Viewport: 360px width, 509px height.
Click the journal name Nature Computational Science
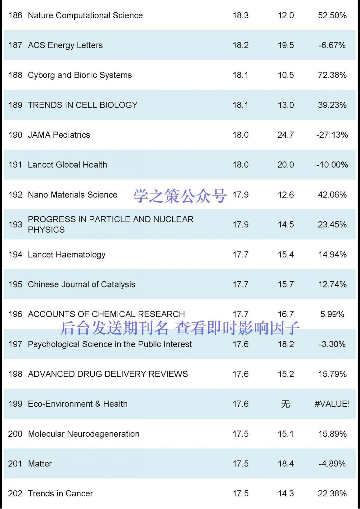(x=85, y=15)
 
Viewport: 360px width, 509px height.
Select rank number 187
(x=15, y=45)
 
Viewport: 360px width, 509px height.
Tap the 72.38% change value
(x=332, y=75)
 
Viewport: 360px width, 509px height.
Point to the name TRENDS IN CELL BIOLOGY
(x=82, y=105)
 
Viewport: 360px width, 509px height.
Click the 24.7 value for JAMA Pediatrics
(x=286, y=135)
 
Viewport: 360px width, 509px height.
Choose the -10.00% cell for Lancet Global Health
(x=332, y=165)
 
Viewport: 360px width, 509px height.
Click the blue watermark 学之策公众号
(x=180, y=196)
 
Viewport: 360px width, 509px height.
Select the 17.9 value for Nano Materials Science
(x=241, y=195)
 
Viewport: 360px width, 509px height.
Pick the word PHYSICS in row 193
(x=46, y=230)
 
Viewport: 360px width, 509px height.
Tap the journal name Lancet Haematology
(x=67, y=255)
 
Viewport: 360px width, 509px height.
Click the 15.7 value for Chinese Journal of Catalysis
(x=286, y=284)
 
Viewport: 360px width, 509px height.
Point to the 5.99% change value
(x=332, y=314)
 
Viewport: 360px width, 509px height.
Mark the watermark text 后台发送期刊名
(x=114, y=328)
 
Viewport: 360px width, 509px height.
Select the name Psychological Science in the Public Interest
(x=110, y=344)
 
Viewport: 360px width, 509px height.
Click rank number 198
(x=15, y=374)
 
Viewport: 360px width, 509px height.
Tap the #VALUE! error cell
(x=332, y=404)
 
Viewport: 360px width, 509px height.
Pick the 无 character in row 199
(x=286, y=404)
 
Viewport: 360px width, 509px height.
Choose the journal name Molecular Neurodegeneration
(x=84, y=434)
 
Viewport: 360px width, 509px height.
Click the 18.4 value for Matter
(x=286, y=464)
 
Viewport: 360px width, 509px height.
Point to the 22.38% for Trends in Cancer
(x=332, y=494)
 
